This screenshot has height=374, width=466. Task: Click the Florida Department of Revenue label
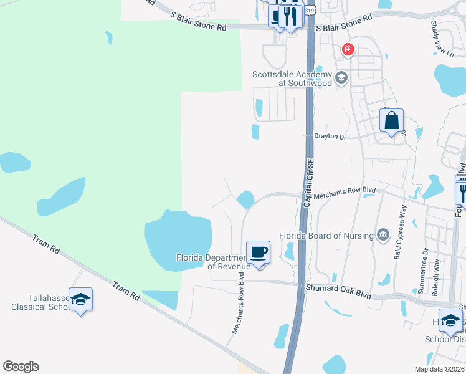point(213,262)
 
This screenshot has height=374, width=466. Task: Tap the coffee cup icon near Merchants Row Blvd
point(258,252)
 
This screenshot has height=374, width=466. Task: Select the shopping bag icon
point(392,120)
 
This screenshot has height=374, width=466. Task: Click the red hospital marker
point(348,49)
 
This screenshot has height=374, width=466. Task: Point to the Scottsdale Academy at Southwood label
point(292,79)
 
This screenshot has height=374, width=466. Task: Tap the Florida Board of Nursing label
point(326,236)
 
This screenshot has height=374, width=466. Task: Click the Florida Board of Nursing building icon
point(383,235)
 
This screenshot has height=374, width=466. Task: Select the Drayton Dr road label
point(328,136)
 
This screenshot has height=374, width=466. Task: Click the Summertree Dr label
point(426,270)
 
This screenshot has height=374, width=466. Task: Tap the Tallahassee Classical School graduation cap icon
point(80,300)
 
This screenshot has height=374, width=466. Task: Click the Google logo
point(21,367)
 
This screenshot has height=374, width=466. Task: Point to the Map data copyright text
point(439,369)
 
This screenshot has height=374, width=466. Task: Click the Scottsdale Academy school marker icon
point(341,78)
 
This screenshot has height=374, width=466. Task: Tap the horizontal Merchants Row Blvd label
point(345,196)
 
